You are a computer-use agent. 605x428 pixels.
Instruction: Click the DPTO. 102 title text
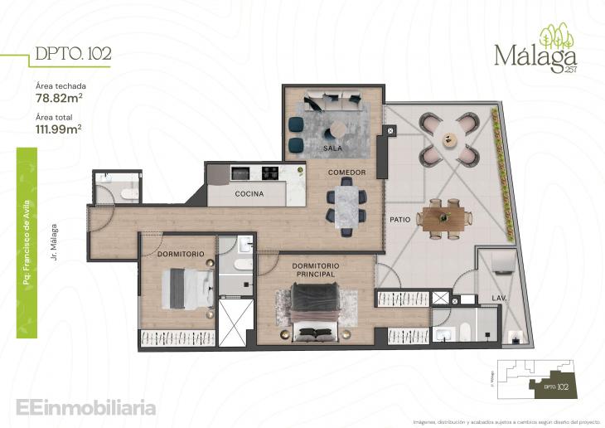coord(73,55)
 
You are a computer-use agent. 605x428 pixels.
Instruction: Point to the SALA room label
coord(333,148)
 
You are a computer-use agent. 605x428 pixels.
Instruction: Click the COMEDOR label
coord(346,172)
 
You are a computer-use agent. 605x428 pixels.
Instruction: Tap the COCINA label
coord(249,194)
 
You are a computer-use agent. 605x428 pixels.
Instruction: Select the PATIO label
coord(402,220)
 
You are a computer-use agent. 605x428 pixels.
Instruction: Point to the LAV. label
coord(500,297)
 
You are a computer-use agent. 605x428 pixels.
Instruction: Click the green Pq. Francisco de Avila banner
coord(27,217)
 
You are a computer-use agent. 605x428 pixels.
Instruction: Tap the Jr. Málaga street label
coord(52,241)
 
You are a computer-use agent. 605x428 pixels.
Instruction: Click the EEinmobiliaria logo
coord(85,407)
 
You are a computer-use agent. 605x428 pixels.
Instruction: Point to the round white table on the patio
coord(448,138)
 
